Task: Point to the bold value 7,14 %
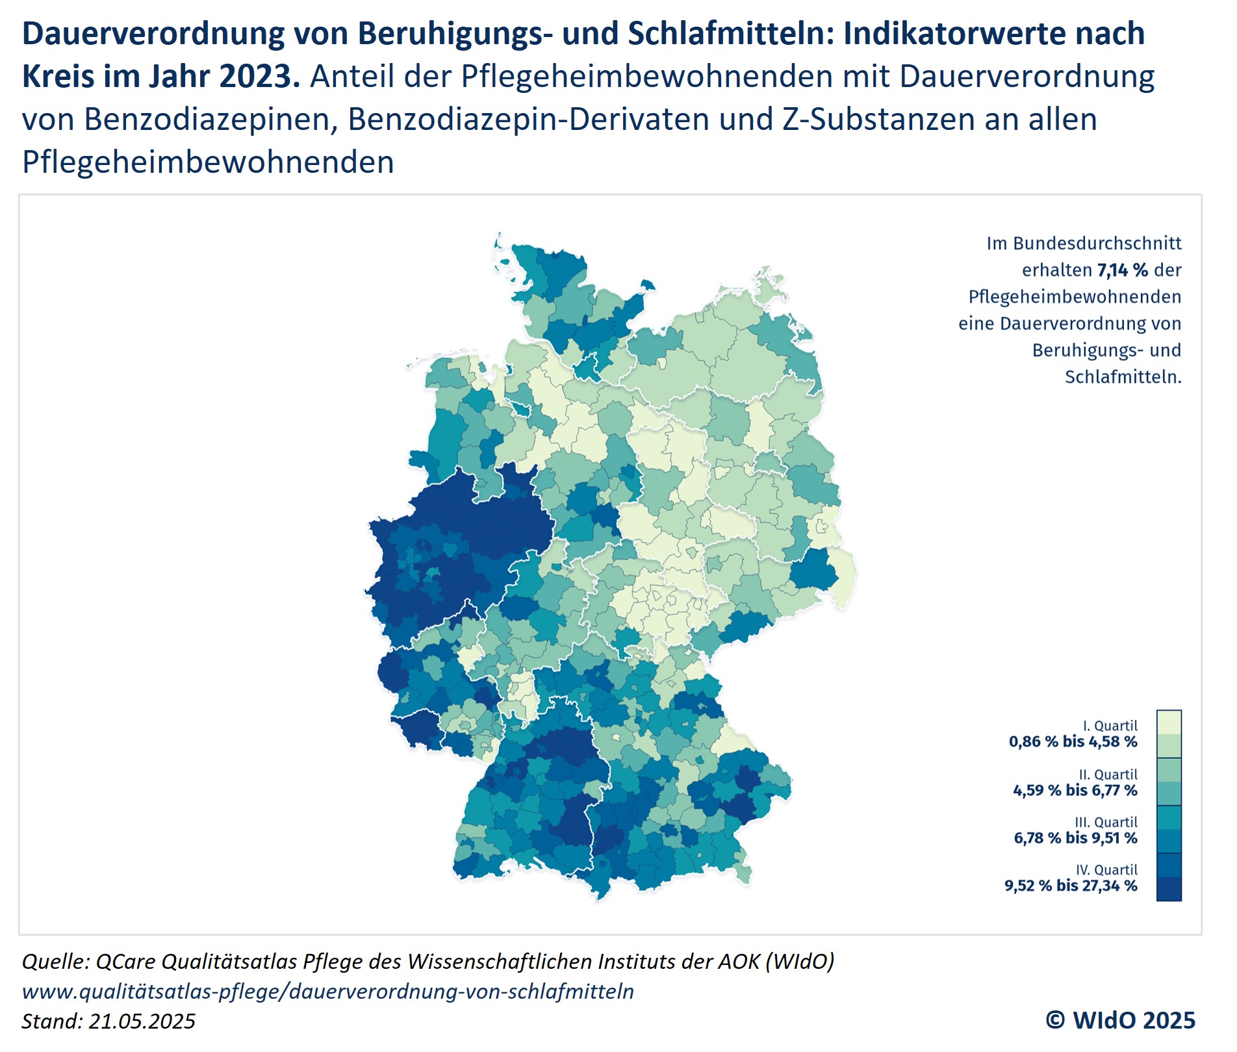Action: [1123, 270]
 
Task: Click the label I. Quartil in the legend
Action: [1110, 726]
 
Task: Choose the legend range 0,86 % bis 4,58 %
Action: [1073, 742]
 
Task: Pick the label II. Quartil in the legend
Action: [1108, 775]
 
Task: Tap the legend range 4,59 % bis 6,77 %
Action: [1075, 791]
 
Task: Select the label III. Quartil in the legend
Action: [1106, 822]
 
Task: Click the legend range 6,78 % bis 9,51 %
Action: [1075, 838]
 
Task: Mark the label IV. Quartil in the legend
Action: [1106, 870]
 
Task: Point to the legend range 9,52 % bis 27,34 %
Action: [1071, 886]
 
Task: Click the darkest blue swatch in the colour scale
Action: [1169, 889]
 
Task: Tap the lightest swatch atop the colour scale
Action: [1169, 722]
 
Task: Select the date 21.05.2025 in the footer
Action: [142, 1021]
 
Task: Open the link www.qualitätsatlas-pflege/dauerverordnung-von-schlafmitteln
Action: [328, 992]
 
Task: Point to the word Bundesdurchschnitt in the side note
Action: [1097, 244]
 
